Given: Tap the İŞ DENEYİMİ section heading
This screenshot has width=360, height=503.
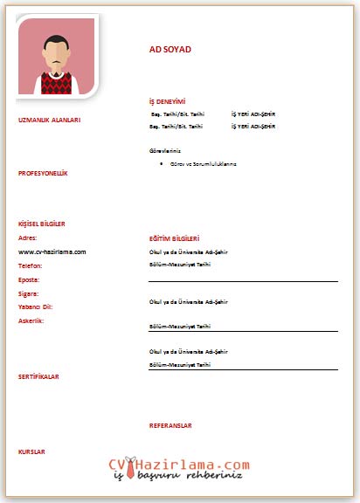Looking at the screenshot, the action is click(x=168, y=102).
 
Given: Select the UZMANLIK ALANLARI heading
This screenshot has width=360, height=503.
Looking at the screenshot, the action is click(x=49, y=120).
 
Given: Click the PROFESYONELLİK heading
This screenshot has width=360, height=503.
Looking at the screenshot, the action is click(x=43, y=173).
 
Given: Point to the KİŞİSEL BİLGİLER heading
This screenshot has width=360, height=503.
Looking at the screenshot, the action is click(x=42, y=224).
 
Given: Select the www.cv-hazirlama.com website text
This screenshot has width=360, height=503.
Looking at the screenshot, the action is click(x=52, y=251).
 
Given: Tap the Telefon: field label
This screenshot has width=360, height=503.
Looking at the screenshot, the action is click(x=31, y=265).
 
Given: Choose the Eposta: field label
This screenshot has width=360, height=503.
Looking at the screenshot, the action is click(x=30, y=279).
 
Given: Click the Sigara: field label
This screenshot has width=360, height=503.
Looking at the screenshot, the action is click(x=29, y=293).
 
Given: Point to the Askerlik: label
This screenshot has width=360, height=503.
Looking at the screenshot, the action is click(x=31, y=320).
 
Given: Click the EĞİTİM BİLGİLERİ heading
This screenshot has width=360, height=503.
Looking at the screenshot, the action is click(x=175, y=238).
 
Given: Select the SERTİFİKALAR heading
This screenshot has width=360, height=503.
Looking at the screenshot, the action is click(x=39, y=376).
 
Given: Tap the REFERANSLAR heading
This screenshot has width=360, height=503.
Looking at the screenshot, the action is click(x=170, y=425).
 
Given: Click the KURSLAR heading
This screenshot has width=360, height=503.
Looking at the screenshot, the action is click(x=31, y=451).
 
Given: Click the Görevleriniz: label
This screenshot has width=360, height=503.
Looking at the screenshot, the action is click(x=166, y=151).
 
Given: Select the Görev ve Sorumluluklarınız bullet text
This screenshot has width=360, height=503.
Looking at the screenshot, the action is click(x=203, y=163).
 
